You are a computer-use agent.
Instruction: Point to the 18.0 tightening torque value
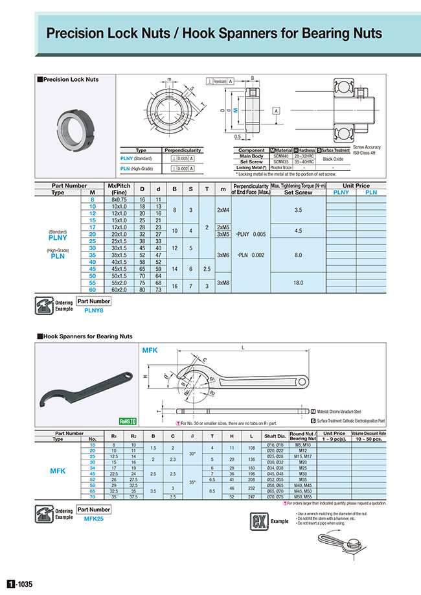[x=298, y=283]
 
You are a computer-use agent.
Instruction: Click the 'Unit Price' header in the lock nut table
[x=356, y=185]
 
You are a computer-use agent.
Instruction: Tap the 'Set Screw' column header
[x=298, y=192]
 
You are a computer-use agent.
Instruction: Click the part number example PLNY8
[x=93, y=310]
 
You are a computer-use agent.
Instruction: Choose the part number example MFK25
[x=95, y=519]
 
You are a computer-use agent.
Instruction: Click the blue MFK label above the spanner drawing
[x=150, y=350]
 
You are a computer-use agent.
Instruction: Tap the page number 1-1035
[x=19, y=583]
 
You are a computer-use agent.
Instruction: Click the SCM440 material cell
[x=280, y=156]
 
